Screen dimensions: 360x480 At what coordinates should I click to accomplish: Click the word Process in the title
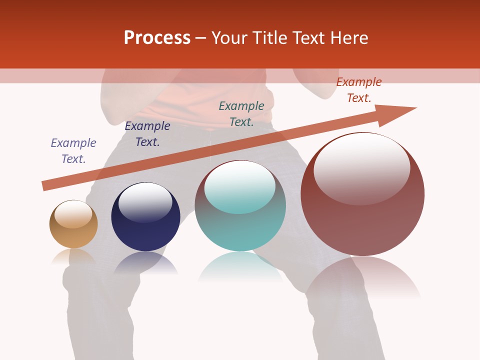(157, 38)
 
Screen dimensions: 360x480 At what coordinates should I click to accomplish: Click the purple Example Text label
(73, 151)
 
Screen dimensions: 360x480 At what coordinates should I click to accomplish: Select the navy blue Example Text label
(147, 134)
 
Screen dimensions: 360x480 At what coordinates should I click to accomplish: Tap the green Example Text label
(241, 114)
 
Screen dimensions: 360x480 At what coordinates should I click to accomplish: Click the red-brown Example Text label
(359, 90)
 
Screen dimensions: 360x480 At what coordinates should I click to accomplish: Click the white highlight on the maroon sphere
(362, 167)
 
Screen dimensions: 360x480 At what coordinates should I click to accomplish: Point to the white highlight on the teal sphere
(240, 186)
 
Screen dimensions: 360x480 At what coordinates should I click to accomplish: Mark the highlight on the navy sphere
(145, 202)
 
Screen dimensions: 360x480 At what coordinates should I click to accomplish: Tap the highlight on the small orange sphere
(73, 214)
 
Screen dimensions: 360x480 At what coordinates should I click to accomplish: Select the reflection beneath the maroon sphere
(363, 277)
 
